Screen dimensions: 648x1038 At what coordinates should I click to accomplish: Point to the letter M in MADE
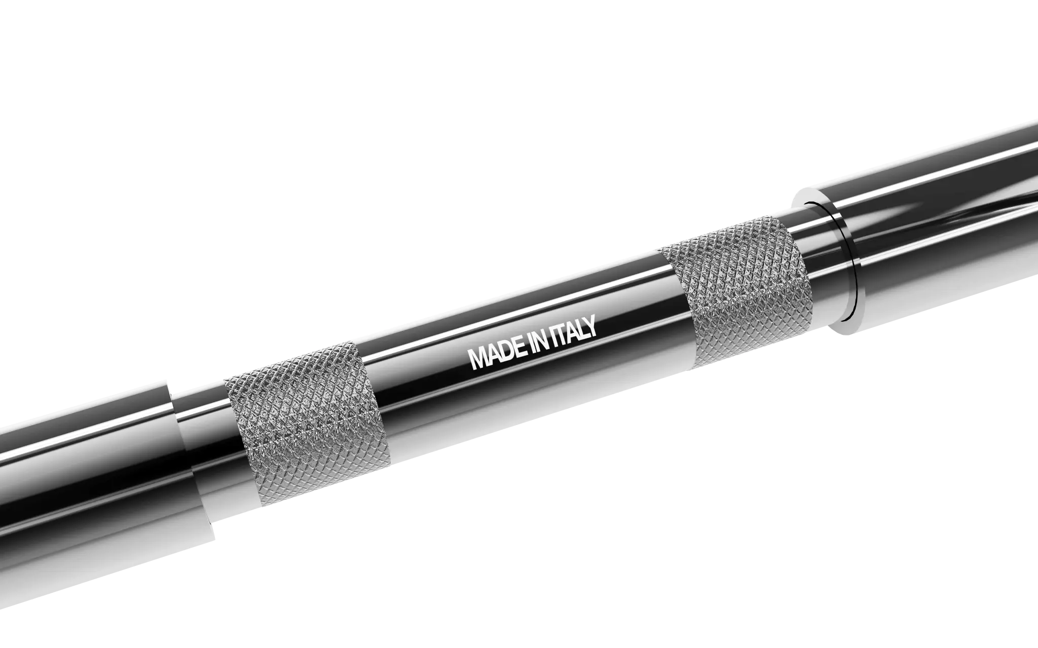click(478, 359)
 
